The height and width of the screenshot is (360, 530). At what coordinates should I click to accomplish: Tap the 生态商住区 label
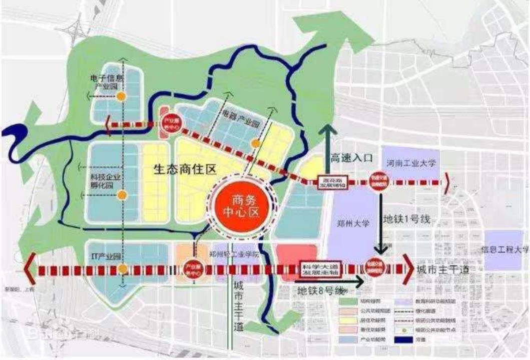(185, 170)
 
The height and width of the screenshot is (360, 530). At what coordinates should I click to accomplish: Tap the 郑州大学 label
(353, 223)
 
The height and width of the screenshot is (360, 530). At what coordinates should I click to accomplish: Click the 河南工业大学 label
(412, 163)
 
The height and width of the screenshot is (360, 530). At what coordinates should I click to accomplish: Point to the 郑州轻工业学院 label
(235, 254)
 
